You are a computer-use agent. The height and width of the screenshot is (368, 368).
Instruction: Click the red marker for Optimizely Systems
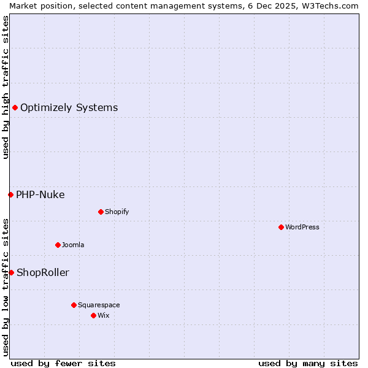[15, 108]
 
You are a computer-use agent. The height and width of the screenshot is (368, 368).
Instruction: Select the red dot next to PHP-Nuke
[10, 195]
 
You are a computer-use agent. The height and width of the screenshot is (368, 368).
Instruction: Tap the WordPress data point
[281, 227]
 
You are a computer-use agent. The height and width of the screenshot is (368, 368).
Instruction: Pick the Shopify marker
[101, 212]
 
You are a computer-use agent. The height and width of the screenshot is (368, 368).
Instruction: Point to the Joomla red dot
[58, 245]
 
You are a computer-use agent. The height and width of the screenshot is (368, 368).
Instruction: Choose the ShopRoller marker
[11, 272]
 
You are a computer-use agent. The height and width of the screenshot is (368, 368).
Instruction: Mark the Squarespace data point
[74, 305]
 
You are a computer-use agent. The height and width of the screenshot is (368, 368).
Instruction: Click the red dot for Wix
[93, 315]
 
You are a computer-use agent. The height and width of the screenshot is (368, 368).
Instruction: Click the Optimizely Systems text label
[69, 108]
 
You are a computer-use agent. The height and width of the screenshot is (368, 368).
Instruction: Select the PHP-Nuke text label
[40, 195]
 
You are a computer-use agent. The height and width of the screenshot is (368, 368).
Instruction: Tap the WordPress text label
[302, 227]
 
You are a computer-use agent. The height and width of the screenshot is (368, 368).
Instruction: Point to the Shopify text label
[117, 212]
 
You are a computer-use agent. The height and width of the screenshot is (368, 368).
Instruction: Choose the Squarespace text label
[99, 305]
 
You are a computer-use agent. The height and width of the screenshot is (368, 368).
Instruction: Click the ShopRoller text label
[43, 272]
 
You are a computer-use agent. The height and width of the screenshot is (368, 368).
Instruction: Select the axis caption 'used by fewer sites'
[63, 363]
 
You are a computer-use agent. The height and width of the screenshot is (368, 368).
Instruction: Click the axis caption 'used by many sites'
[308, 363]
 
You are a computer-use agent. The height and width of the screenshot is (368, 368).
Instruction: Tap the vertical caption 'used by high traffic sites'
[6, 87]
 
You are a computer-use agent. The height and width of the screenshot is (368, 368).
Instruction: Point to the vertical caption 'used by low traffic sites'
[6, 286]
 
